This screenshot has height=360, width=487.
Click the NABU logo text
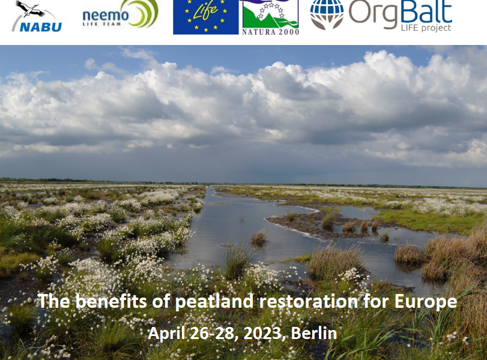[x=41, y=27]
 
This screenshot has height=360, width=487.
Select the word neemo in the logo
[x=106, y=15]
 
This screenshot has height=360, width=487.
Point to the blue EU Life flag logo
[x=205, y=17]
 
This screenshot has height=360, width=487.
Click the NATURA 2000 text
[x=270, y=32]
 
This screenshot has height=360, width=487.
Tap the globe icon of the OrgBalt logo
[x=327, y=14]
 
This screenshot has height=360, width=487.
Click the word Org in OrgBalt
[x=373, y=13]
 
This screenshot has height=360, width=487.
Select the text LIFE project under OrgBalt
[x=426, y=28]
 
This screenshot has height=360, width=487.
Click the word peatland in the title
[x=214, y=301]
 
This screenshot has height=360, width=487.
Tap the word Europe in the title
[x=426, y=302]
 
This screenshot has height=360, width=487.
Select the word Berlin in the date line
[x=313, y=334]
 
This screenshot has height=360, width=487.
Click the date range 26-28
[x=214, y=334]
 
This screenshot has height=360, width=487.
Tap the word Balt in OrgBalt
[x=425, y=12]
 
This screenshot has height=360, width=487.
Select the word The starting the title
[x=54, y=301]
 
